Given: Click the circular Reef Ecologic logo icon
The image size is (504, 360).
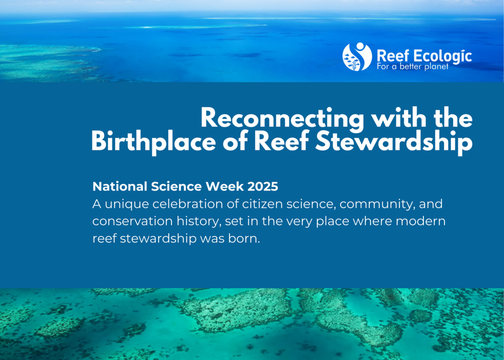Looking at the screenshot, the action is tap(357, 56).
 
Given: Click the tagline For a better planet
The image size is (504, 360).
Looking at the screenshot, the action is tap(412, 67).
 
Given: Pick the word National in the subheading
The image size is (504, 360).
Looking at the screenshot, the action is tap(120, 186).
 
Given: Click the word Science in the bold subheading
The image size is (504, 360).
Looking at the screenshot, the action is tap(177, 186).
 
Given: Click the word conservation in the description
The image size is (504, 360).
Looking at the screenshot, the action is tap(133, 221).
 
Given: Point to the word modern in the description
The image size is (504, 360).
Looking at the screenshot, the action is tap(421, 221).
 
